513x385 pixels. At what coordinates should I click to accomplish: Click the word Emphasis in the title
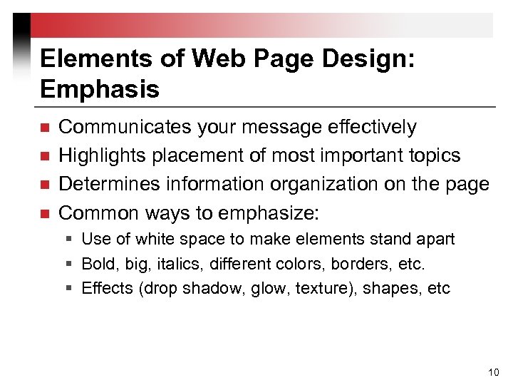pos(100,89)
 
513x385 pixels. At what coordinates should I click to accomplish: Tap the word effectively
pos(372,127)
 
